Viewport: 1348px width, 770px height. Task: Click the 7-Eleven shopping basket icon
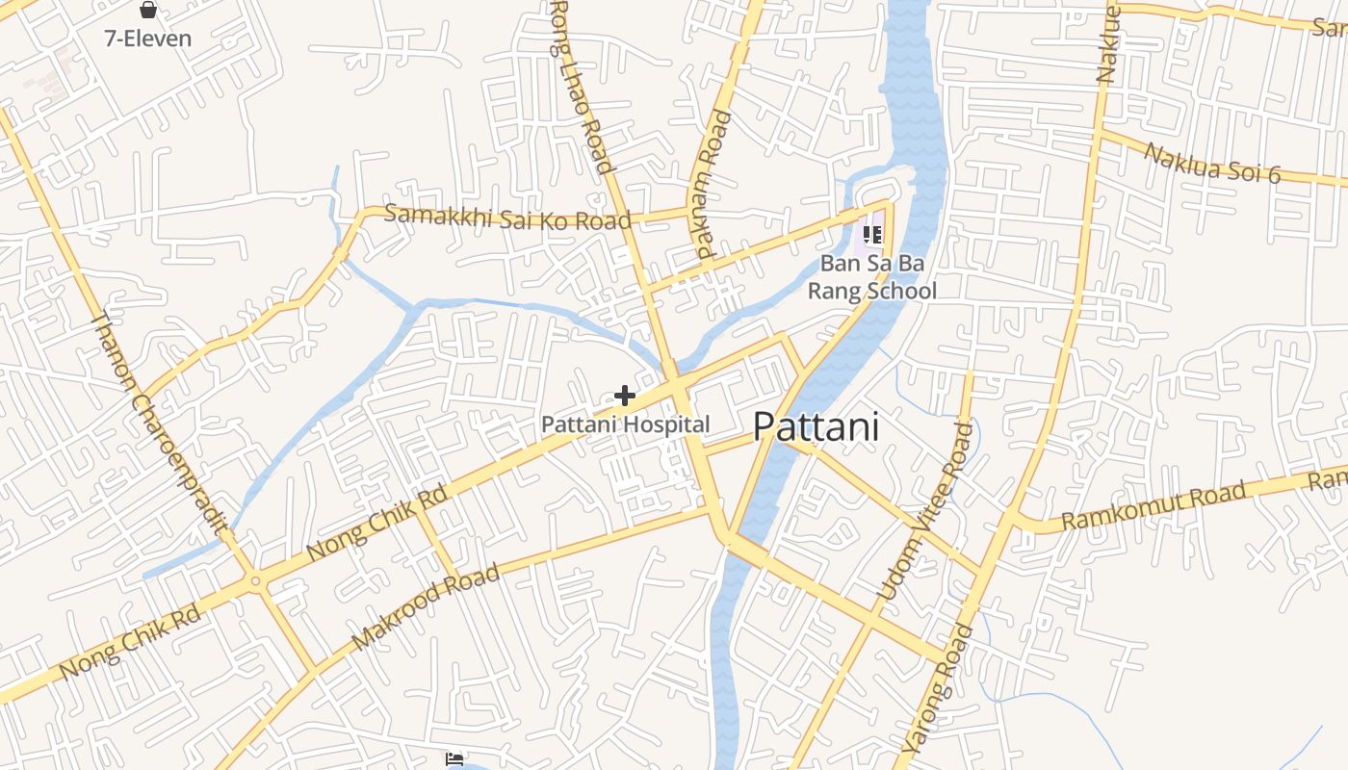pos(148,11)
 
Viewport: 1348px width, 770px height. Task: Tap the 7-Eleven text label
pos(148,38)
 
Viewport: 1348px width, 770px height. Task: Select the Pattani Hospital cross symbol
pos(625,395)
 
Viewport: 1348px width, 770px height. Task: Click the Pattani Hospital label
pos(625,424)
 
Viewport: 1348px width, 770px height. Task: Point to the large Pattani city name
pos(817,426)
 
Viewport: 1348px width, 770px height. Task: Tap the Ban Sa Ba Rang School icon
pos(872,235)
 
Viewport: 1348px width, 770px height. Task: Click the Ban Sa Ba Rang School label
pos(871,276)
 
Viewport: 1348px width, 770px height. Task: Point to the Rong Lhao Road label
pos(582,87)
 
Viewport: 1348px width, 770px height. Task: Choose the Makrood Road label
pos(427,606)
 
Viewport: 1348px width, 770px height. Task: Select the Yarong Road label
pos(938,688)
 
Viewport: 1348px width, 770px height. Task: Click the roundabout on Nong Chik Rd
pos(255,579)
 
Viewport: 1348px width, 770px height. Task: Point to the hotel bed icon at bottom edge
pos(455,760)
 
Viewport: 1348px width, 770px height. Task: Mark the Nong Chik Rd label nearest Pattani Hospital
pos(377,524)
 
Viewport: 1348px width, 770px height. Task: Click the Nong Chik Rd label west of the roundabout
pos(129,642)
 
